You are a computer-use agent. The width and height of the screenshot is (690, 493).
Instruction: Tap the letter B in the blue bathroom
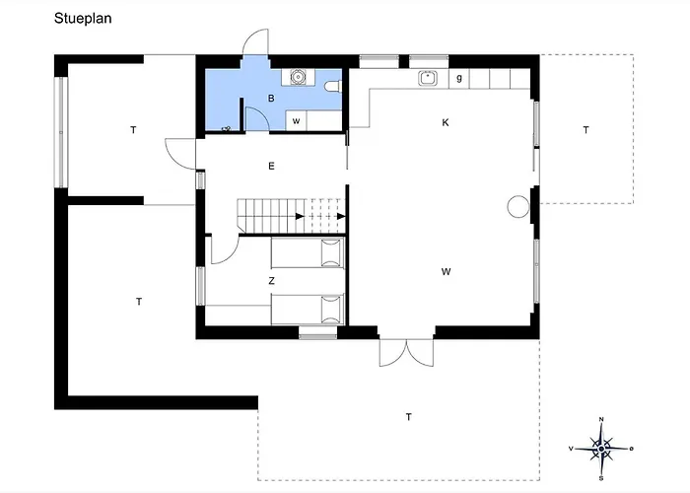point(271,99)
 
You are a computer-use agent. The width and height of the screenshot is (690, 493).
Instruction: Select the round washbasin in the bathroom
point(298,76)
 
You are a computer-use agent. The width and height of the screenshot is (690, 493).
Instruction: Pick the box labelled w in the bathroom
point(296,120)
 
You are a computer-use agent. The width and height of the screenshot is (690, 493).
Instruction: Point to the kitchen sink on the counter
point(428,77)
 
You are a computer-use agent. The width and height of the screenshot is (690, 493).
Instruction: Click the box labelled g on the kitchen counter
point(459,77)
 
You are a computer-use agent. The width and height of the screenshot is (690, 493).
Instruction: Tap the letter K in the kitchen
point(446,122)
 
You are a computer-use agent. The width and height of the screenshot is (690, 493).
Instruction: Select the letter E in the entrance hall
point(271,166)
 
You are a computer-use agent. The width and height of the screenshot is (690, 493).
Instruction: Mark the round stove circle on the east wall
point(517,206)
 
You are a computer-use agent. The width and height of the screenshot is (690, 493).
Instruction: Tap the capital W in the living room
point(446,270)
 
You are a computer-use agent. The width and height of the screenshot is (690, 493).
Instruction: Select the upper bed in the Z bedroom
point(307,253)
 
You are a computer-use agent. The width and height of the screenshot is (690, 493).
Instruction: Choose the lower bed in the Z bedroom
point(307,310)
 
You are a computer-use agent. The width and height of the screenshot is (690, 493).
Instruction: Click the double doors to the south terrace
point(404,352)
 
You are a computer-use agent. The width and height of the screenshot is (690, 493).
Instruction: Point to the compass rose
point(601,448)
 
